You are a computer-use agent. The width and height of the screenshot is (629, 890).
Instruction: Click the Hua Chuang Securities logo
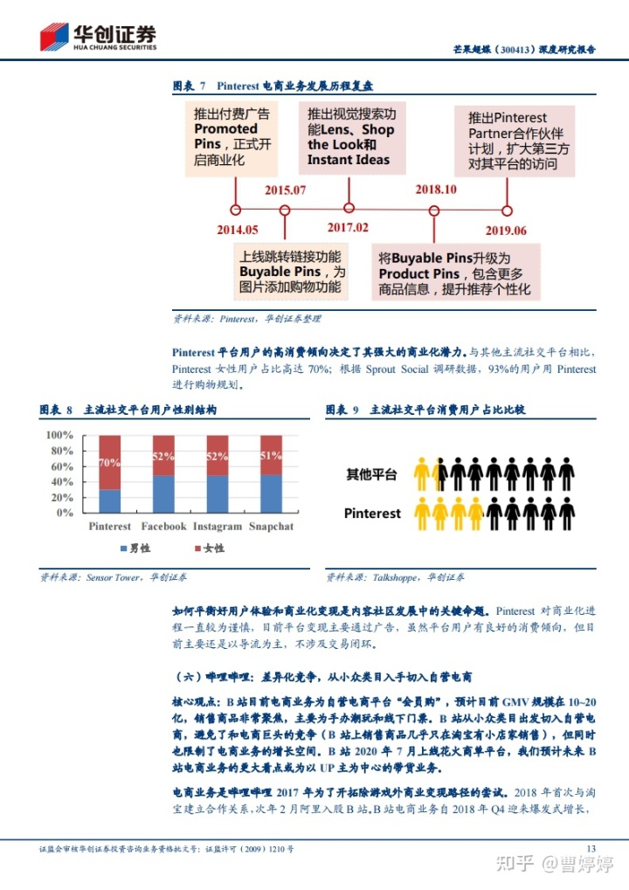pyautogui.click(x=98, y=37)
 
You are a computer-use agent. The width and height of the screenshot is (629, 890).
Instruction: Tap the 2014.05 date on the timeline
pyautogui.click(x=238, y=231)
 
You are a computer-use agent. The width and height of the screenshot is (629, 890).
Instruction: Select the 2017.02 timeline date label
pyautogui.click(x=348, y=228)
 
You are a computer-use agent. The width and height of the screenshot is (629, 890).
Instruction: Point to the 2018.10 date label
pyautogui.click(x=435, y=190)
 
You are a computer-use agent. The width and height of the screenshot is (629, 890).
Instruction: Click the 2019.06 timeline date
pyautogui.click(x=506, y=231)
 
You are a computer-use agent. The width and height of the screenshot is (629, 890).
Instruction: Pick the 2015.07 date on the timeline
pyautogui.click(x=285, y=190)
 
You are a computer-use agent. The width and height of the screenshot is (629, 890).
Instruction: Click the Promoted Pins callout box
pyautogui.click(x=233, y=137)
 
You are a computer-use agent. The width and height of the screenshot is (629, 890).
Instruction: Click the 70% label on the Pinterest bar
pyautogui.click(x=109, y=463)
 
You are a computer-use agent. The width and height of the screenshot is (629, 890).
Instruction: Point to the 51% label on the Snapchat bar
pyautogui.click(x=271, y=456)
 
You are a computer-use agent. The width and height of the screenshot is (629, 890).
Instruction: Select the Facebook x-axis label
pyautogui.click(x=163, y=527)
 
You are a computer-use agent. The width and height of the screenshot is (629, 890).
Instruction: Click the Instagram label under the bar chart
pyautogui.click(x=218, y=527)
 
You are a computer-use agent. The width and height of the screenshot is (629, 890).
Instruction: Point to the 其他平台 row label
pyautogui.click(x=372, y=475)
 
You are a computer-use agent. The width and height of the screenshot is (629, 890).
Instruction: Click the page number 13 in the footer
pyautogui.click(x=591, y=848)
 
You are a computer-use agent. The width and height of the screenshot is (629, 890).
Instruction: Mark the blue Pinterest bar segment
pyautogui.click(x=109, y=500)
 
